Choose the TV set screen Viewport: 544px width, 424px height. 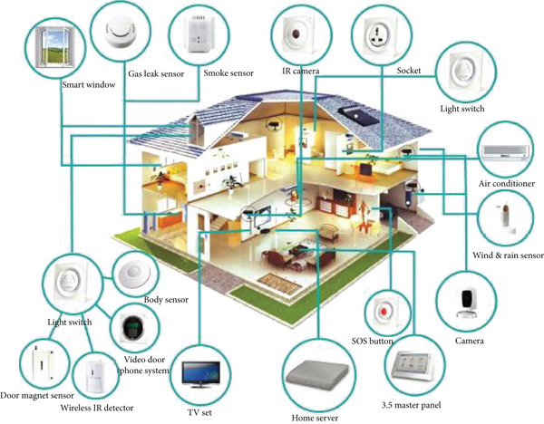coord(202,374)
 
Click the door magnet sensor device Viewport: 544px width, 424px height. coord(38,364)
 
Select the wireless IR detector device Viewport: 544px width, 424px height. coord(93,376)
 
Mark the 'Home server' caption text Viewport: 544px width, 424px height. coord(316,418)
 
